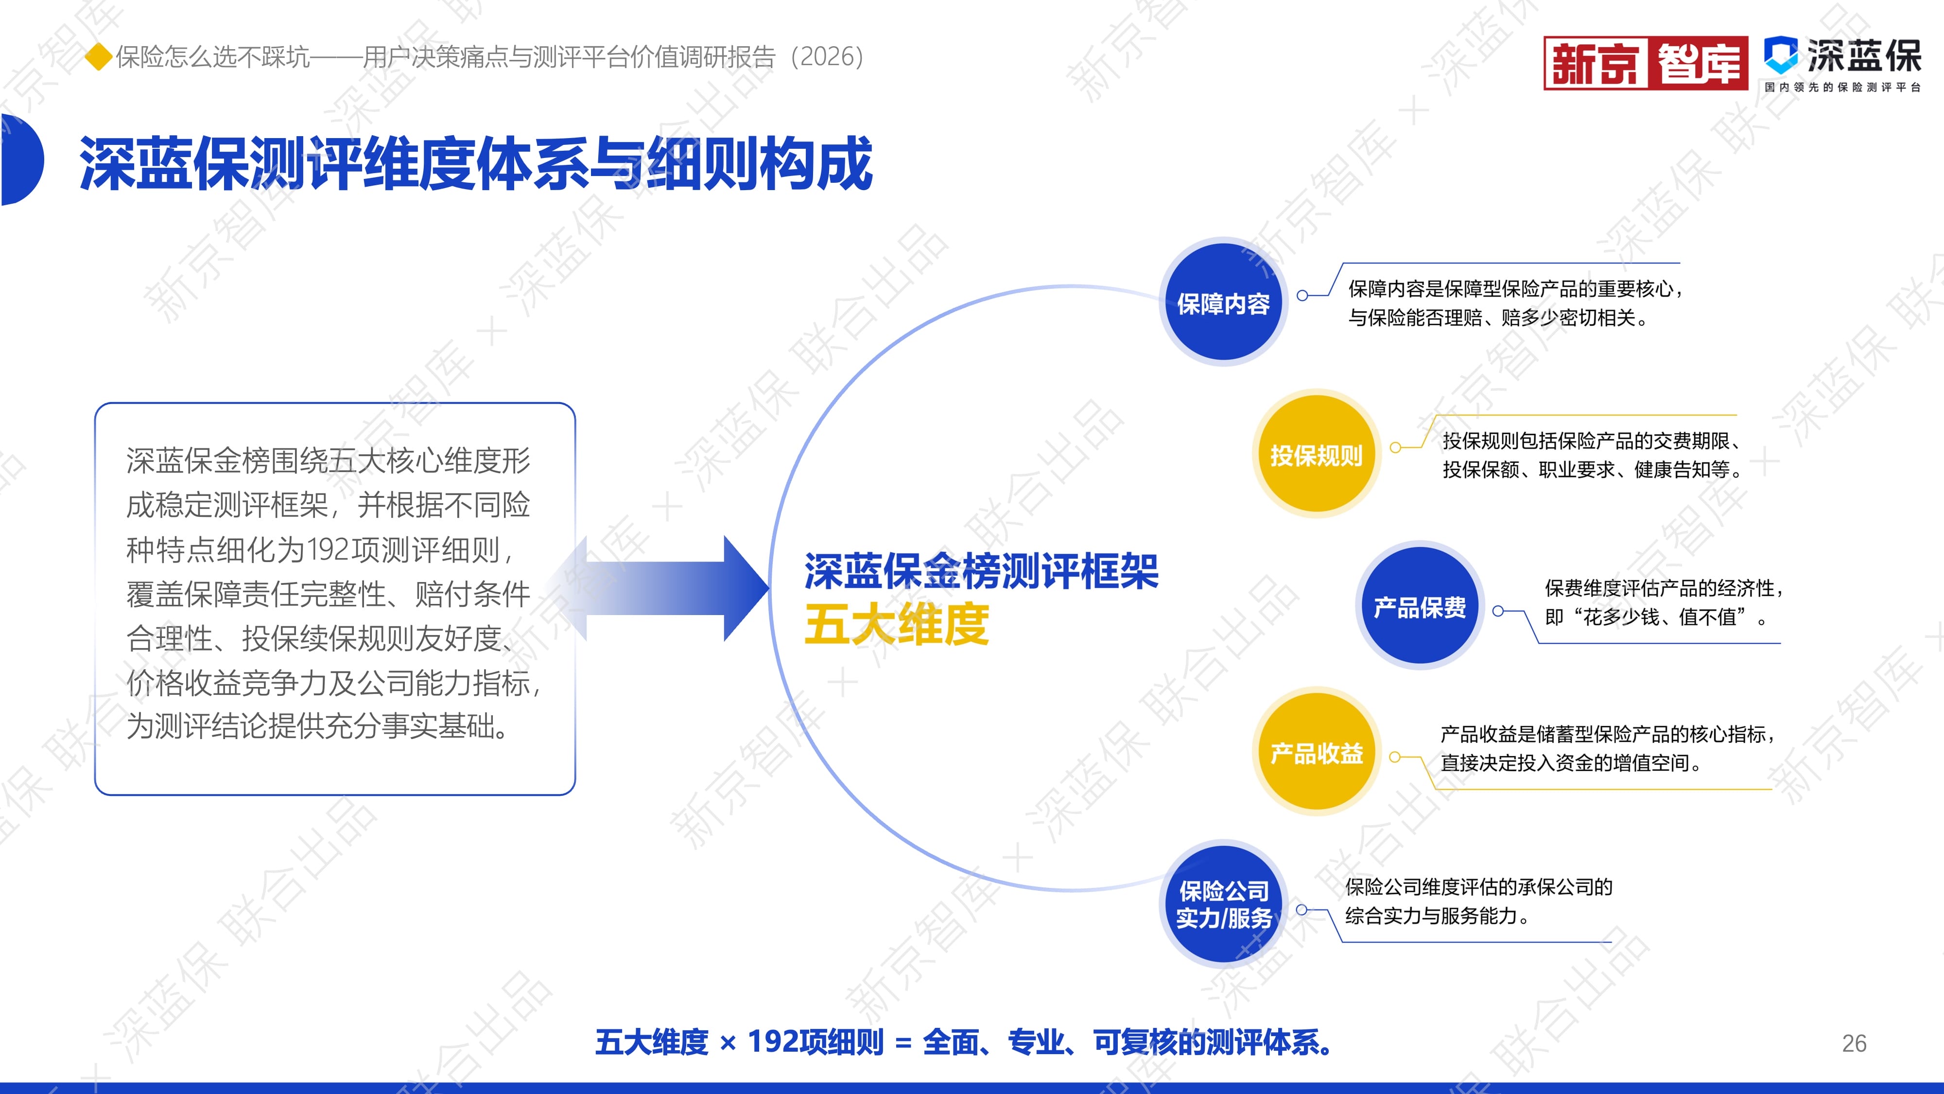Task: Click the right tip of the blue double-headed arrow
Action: (769, 588)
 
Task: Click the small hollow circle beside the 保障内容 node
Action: (1302, 296)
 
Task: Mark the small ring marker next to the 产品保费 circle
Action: (1498, 611)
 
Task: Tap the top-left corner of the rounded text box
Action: (96, 404)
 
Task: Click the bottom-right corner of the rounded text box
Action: (575, 794)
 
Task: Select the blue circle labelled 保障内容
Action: (1223, 303)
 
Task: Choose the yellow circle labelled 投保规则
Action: (1317, 455)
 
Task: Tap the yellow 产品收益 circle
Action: (1317, 752)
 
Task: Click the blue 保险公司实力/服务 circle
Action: (1223, 904)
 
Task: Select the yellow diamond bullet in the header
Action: (98, 56)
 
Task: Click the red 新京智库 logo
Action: (1646, 63)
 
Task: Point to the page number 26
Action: (1854, 1043)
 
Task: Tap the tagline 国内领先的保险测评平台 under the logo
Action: (1842, 88)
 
